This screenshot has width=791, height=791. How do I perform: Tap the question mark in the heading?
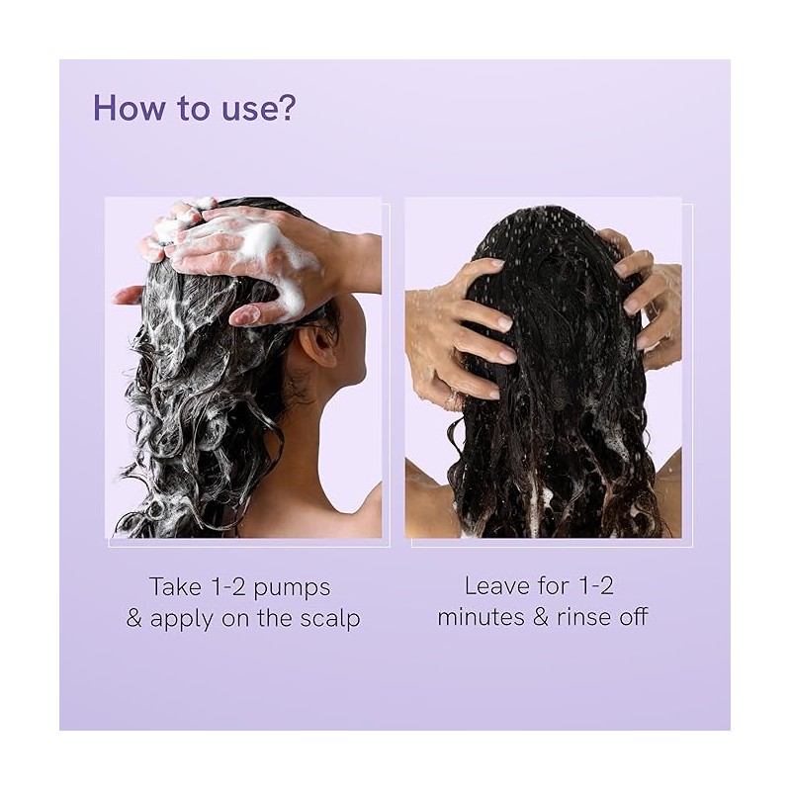click(x=287, y=108)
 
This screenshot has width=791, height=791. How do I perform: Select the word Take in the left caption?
click(x=175, y=586)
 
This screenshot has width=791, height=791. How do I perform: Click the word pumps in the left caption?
click(x=292, y=589)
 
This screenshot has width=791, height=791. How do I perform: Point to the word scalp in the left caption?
click(x=330, y=619)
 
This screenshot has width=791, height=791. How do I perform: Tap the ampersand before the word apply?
click(x=133, y=619)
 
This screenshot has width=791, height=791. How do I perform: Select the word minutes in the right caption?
click(x=481, y=617)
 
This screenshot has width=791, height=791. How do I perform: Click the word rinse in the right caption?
click(x=583, y=617)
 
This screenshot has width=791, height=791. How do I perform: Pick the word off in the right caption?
click(x=633, y=617)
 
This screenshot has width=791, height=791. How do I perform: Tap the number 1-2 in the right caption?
click(x=596, y=586)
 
